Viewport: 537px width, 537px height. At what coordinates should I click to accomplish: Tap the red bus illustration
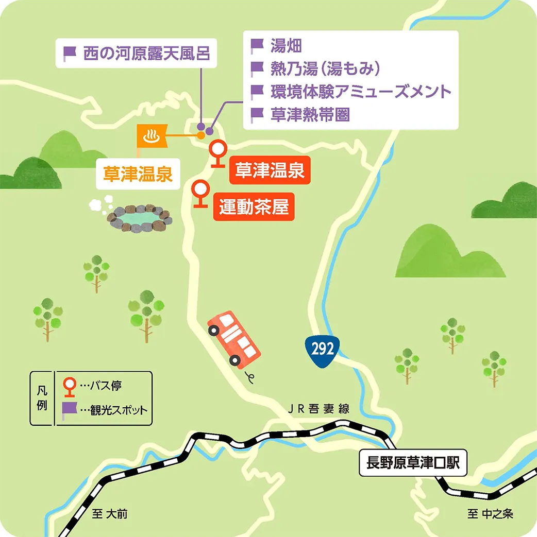234,341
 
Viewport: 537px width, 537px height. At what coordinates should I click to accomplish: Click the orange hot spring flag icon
152,136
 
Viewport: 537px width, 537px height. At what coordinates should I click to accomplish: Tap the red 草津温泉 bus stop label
270,170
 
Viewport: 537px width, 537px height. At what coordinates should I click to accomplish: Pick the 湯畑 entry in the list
286,46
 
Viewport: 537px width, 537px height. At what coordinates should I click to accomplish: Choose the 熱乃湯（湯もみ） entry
325,68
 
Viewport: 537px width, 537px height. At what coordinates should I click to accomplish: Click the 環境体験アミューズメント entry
361,92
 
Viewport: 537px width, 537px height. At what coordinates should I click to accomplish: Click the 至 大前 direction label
109,514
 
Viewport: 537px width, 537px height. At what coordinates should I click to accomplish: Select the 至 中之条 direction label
490,514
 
